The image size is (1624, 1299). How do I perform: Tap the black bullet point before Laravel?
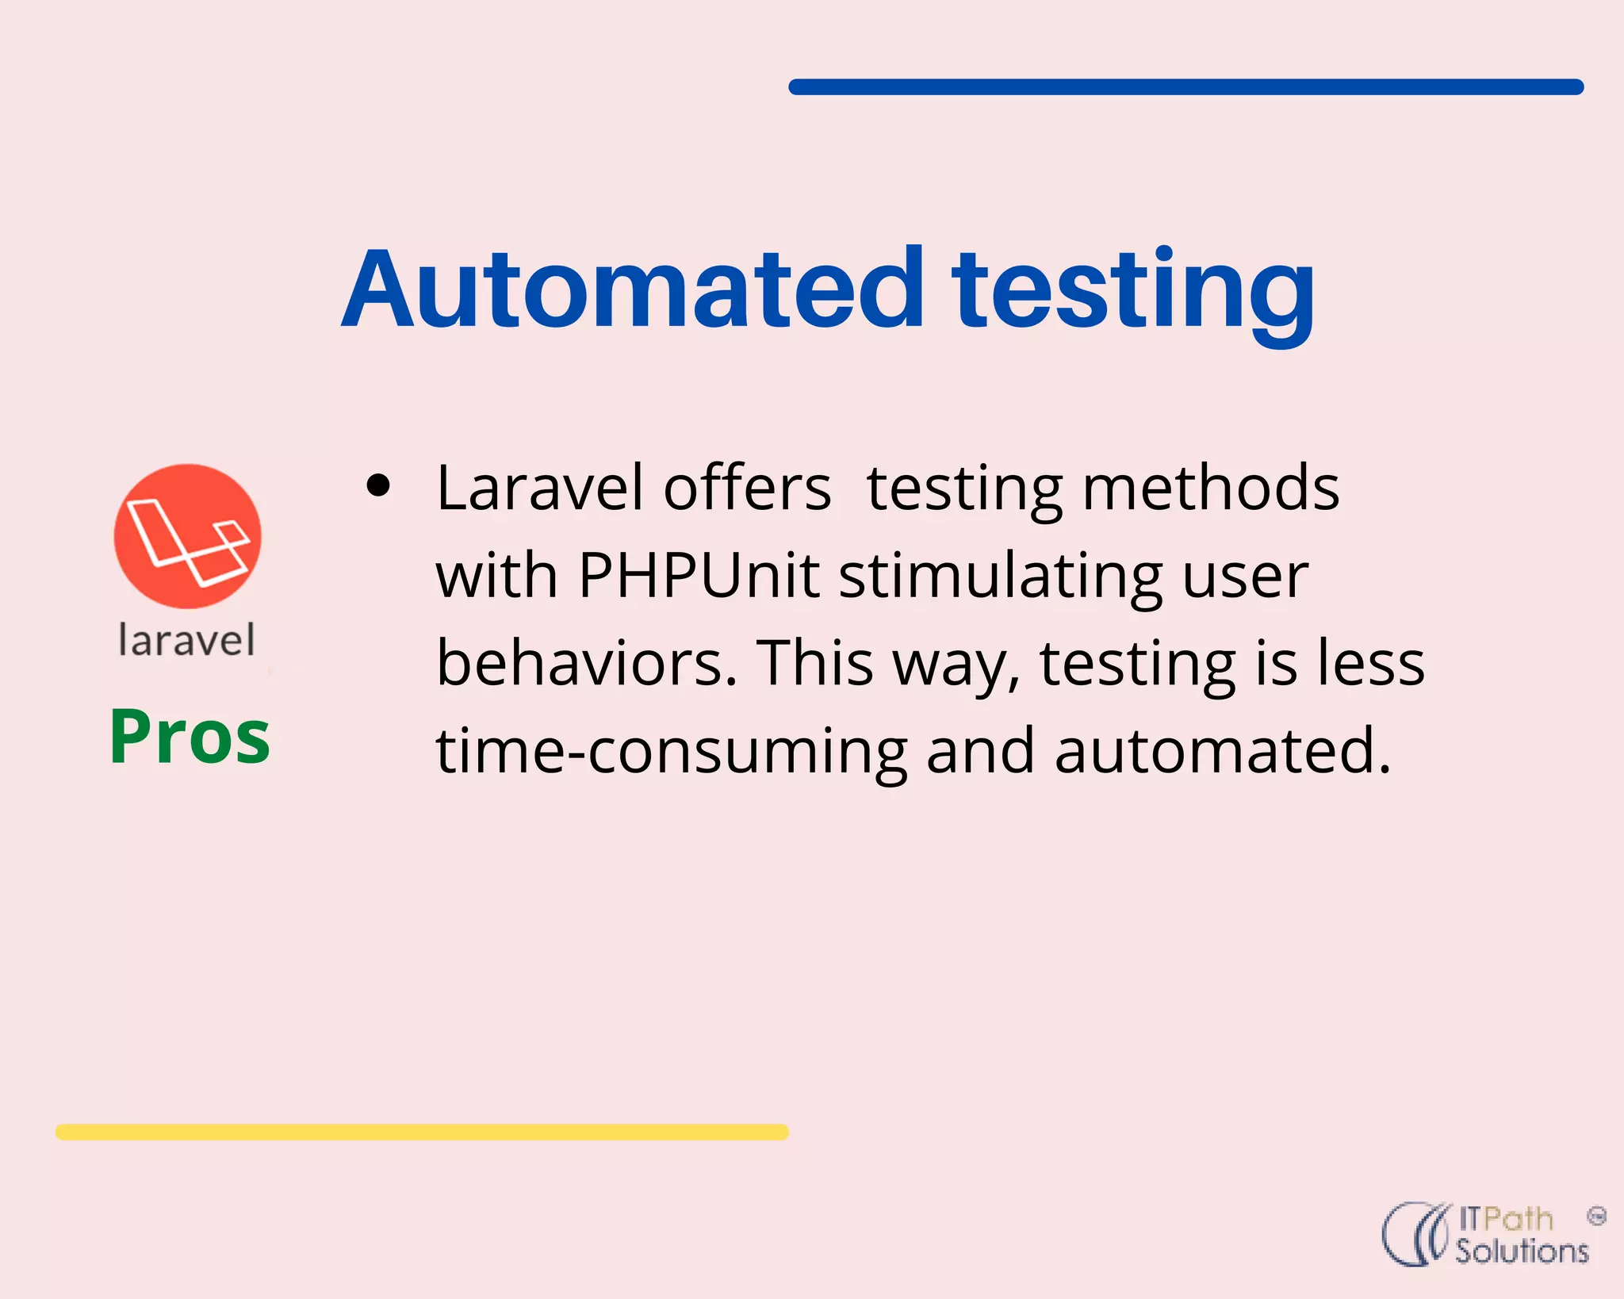[x=379, y=485]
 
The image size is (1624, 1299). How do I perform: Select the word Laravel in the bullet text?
[x=539, y=489]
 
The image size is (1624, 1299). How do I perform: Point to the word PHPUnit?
[x=698, y=575]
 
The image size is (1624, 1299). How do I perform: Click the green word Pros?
[x=190, y=738]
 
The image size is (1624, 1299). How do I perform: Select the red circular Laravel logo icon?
[x=187, y=537]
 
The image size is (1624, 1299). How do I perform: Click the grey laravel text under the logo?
[x=187, y=641]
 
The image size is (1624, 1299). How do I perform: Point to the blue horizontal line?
[x=1185, y=86]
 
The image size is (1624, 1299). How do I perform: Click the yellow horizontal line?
[x=422, y=1132]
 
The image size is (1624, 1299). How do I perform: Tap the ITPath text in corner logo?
[x=1505, y=1218]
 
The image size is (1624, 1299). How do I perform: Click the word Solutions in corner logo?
[x=1522, y=1251]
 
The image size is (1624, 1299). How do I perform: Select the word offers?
[x=747, y=489]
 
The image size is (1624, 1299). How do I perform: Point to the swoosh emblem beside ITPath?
[x=1416, y=1234]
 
